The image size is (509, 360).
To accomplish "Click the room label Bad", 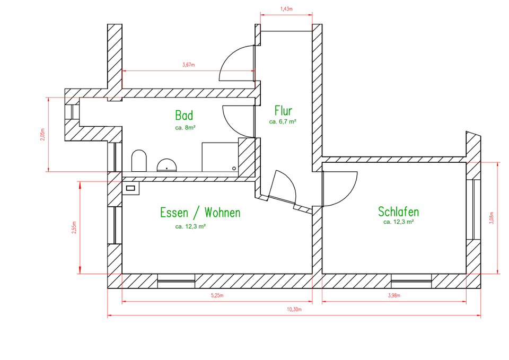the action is (x=184, y=116).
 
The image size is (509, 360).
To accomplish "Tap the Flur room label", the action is (x=283, y=111).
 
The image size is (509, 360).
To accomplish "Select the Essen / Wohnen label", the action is (x=200, y=213).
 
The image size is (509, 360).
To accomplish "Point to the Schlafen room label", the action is (x=398, y=212).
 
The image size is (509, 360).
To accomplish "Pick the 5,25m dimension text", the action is (x=217, y=296).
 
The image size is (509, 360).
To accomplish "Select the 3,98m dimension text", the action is (x=394, y=296).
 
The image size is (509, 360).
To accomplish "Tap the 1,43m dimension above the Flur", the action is (x=286, y=9).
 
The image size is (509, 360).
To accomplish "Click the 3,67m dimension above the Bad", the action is (x=188, y=65).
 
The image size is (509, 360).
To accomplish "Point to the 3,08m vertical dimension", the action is (x=492, y=218).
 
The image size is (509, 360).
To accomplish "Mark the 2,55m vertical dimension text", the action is (x=74, y=227).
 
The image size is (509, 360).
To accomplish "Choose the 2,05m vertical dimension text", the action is (x=42, y=135).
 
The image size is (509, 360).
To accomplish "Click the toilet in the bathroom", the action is (x=138, y=161).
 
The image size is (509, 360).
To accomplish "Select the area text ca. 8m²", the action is (x=186, y=128).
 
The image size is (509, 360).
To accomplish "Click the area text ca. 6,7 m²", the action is (x=283, y=121).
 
